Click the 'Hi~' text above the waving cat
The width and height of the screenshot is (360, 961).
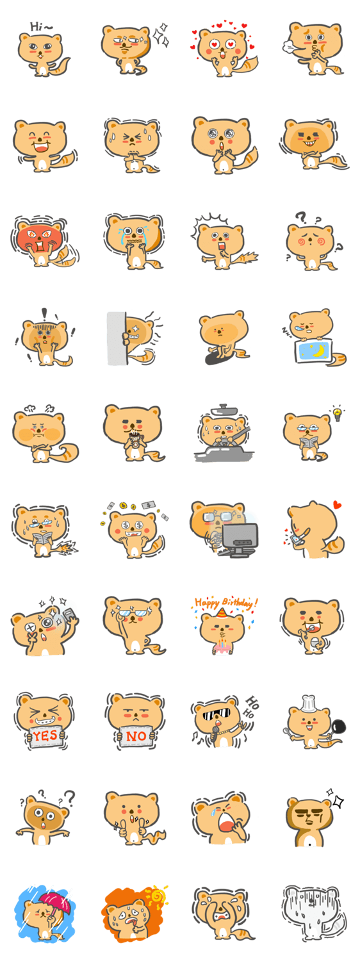[x=41, y=27]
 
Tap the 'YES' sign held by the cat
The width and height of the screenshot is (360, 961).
[x=45, y=736]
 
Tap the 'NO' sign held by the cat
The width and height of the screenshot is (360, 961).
[x=136, y=736]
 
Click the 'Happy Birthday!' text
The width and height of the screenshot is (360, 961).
[x=226, y=602]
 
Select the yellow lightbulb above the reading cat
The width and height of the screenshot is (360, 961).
[x=338, y=413]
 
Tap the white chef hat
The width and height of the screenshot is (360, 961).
[x=308, y=703]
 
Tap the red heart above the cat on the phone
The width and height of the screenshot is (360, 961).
[x=337, y=505]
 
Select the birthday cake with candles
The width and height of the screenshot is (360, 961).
[x=222, y=646]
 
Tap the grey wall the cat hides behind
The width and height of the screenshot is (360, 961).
[x=117, y=338]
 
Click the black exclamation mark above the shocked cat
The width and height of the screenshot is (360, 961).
[x=44, y=314]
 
